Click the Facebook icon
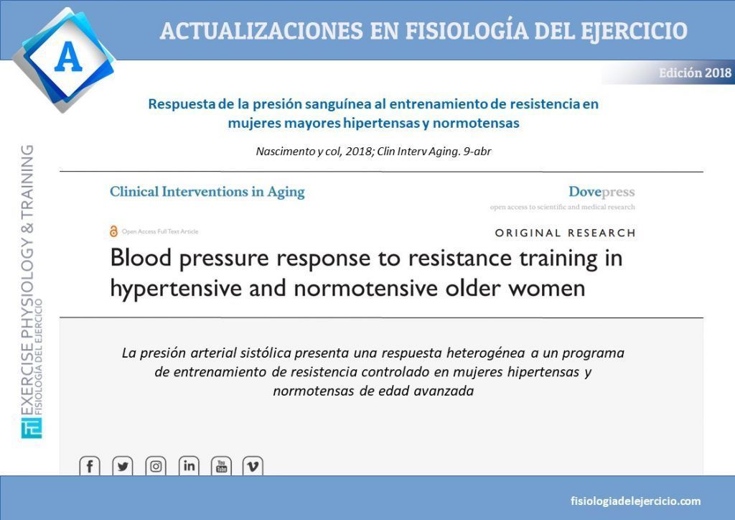90,465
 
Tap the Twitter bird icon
123,465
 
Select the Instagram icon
156,465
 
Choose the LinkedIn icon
189,465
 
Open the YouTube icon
221,465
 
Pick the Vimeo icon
253,465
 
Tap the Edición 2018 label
695,73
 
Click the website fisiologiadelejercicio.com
636,501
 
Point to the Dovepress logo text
601,191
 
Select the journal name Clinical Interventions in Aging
207,192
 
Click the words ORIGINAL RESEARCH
566,233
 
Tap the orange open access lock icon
113,231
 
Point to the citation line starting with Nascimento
373,151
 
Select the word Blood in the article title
141,258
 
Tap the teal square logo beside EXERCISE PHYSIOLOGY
32,427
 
